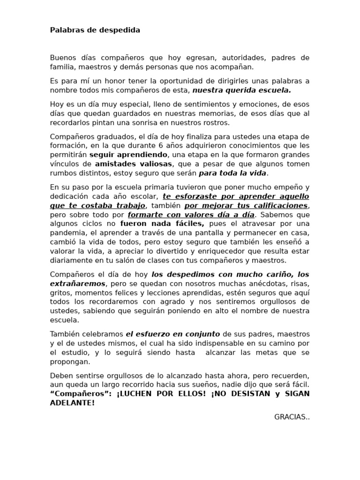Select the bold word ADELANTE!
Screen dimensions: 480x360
point(72,402)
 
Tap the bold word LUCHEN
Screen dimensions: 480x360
point(137,393)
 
